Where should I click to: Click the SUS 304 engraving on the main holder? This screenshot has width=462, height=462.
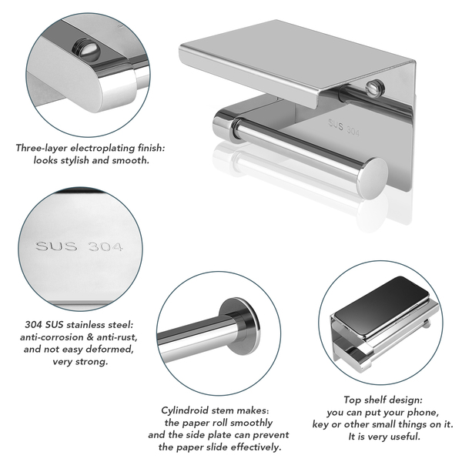pos(344,128)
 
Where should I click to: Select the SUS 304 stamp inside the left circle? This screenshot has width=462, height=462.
pos(79,246)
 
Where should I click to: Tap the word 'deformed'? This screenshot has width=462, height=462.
pos(111,349)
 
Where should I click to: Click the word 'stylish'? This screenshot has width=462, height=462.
pos(75,161)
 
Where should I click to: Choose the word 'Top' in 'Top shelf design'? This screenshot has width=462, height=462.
pos(353,400)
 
